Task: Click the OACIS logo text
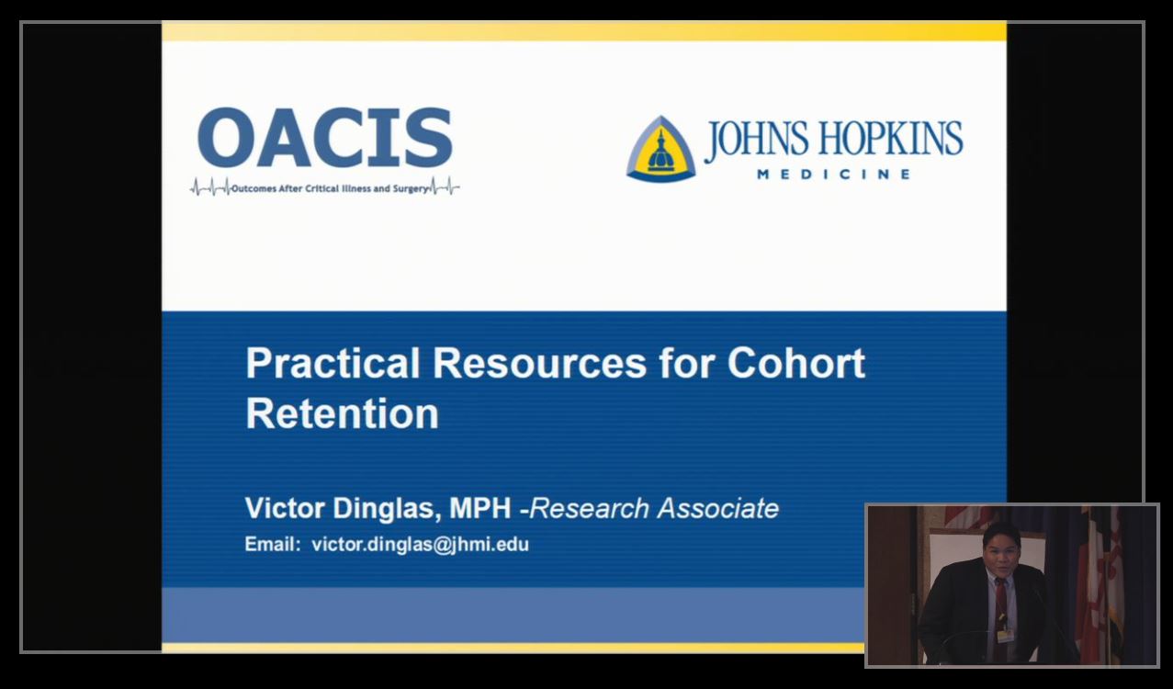[324, 138]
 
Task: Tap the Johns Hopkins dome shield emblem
[660, 149]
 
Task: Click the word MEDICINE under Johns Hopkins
[834, 174]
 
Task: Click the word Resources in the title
[539, 363]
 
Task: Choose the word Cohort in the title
[796, 363]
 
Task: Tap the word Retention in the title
[342, 413]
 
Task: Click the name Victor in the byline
[285, 508]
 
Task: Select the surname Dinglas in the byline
[387, 509]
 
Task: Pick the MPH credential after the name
[480, 508]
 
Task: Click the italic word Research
[590, 508]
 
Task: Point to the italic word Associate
[718, 508]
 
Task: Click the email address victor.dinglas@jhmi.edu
[420, 545]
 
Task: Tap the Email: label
[272, 544]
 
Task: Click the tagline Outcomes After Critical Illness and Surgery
[330, 188]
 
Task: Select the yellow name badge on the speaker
[1004, 636]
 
